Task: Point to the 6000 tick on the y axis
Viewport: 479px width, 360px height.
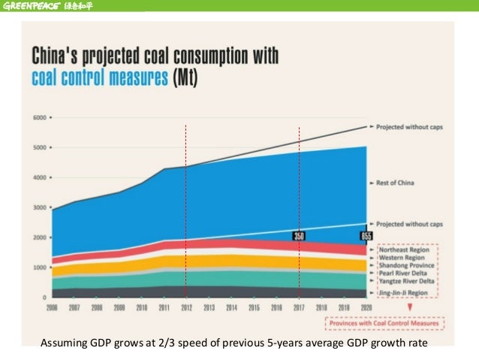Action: (x=39, y=118)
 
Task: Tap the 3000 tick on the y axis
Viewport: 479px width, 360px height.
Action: (x=39, y=208)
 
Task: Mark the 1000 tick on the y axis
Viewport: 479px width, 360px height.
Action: (x=39, y=268)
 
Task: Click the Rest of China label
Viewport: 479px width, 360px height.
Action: (x=400, y=183)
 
